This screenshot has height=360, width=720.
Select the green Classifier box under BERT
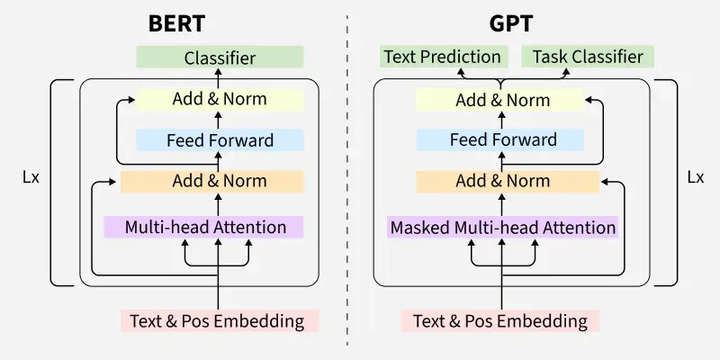[x=220, y=58]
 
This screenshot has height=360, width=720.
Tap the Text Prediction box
[x=442, y=57]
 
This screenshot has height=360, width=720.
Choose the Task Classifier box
[x=588, y=57]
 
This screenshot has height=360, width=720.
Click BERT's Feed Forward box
[x=220, y=139]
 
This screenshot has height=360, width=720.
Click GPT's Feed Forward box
[x=503, y=139]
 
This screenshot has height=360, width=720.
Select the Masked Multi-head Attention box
[x=502, y=227]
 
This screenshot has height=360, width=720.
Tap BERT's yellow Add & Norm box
[x=220, y=99]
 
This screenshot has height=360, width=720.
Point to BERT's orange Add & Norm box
[x=220, y=181]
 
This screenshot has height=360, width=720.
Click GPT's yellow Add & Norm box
[x=502, y=99]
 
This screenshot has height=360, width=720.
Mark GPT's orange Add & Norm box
[x=502, y=181]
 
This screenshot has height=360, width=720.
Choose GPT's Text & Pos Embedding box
[x=499, y=320]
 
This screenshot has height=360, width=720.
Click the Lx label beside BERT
[x=30, y=177]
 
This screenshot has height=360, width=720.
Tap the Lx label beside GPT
[x=695, y=177]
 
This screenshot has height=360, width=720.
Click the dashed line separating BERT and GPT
[x=347, y=180]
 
